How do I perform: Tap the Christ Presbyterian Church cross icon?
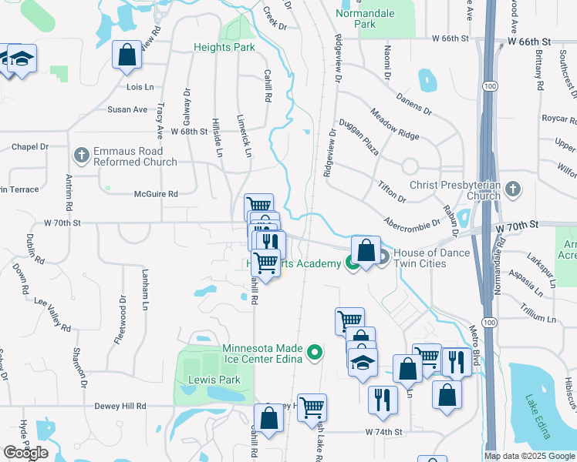click(514, 189)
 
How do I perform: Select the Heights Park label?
click(223, 47)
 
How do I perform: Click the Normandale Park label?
click(366, 18)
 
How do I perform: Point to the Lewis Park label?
click(214, 380)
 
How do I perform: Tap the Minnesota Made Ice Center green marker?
click(314, 353)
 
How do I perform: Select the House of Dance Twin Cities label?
click(432, 258)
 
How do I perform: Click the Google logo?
click(25, 453)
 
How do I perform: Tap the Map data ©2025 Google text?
click(528, 456)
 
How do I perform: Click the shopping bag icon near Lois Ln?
click(126, 55)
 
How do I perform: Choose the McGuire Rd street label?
click(156, 194)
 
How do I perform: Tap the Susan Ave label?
click(127, 109)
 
